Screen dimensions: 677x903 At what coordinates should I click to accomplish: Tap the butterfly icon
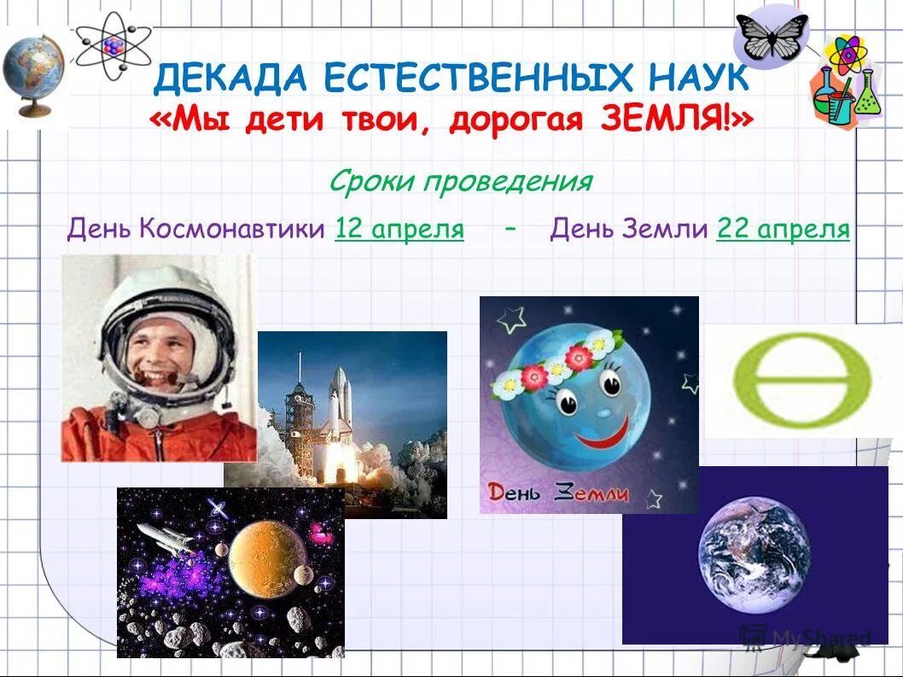click(x=772, y=37)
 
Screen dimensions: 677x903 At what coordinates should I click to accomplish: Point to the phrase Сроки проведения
click(x=460, y=181)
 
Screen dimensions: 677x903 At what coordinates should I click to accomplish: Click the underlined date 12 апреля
click(x=399, y=229)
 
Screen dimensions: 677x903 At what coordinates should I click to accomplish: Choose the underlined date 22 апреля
click(x=783, y=229)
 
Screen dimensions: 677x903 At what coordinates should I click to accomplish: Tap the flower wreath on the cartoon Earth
click(x=555, y=363)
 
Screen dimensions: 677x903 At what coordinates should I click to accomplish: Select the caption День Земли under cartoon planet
click(x=558, y=493)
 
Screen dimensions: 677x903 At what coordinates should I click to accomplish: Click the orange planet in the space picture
click(x=266, y=558)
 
